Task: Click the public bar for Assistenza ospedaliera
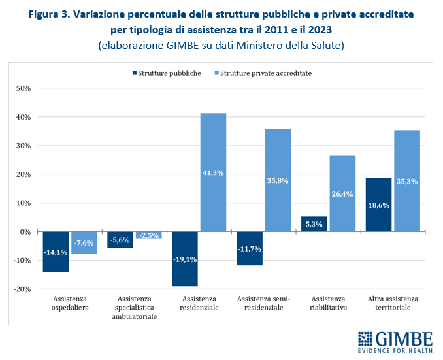pos(56,252)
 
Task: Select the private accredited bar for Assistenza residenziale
pos(213,172)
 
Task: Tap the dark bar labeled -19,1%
pos(184,259)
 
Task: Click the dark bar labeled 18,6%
pos(378,205)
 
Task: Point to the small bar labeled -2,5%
pos(148,235)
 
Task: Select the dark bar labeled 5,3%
pos(314,224)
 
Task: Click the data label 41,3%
pos(213,172)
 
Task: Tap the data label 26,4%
pos(342,193)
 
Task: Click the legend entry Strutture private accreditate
pos(266,73)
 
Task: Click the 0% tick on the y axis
pos(25,231)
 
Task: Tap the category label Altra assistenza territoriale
pos(393,303)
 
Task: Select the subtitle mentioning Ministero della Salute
pos(221,45)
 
